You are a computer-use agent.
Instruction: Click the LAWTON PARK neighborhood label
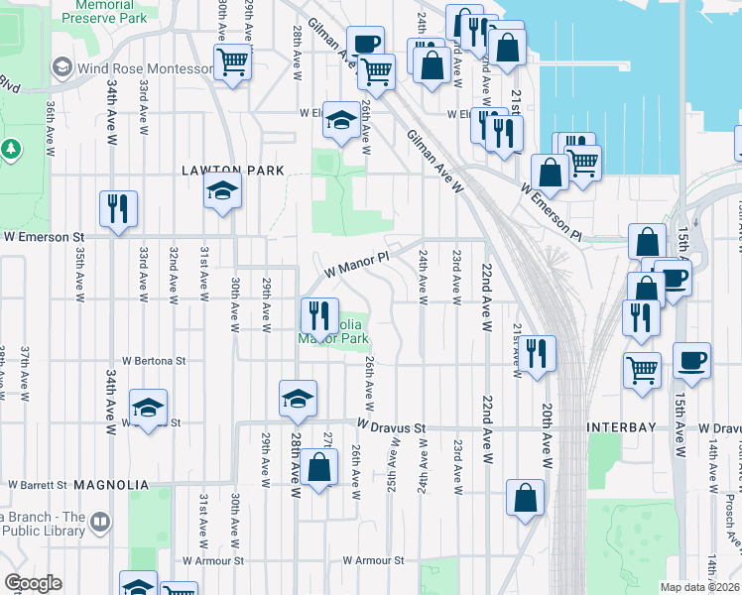[233, 171]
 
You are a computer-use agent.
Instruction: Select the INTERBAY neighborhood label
[622, 427]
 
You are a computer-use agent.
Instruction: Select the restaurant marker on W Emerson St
[118, 209]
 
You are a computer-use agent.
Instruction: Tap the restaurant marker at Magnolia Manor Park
[319, 316]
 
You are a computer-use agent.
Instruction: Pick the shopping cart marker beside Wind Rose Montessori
[233, 62]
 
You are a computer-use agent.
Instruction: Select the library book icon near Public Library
[100, 522]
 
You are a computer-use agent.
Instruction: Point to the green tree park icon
[12, 149]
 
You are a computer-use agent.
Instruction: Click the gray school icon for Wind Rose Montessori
[62, 67]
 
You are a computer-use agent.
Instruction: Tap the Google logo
[33, 583]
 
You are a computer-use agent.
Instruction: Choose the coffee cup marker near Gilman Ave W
[365, 44]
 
